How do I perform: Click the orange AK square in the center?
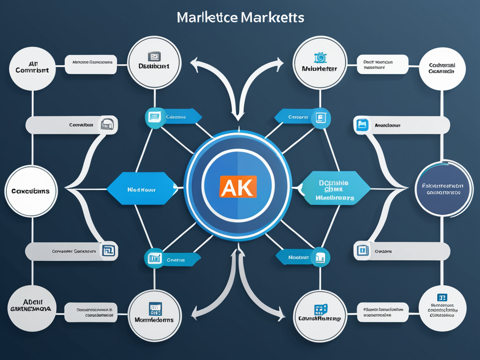click(238, 186)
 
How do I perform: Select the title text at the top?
click(240, 17)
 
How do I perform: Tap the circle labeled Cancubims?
click(31, 191)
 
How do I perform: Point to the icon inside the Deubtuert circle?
click(154, 57)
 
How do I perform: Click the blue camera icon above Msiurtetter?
click(321, 57)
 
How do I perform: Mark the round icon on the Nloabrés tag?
click(321, 257)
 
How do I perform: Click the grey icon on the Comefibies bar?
click(108, 125)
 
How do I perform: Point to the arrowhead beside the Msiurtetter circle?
click(280, 63)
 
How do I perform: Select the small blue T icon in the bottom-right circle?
click(442, 297)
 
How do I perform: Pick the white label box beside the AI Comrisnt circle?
click(91, 64)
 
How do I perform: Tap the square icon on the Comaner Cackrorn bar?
click(108, 251)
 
